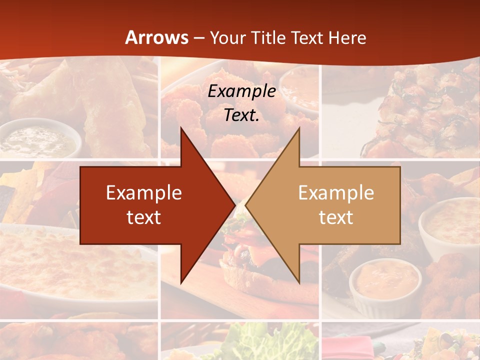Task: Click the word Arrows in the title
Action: coord(156,37)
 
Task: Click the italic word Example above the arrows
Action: coord(241,91)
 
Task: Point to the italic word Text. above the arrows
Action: coord(241,115)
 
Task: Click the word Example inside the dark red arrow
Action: coord(143,193)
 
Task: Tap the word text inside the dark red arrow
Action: coord(143,217)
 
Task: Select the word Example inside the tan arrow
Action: coord(336,193)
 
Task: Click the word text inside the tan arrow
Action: coord(336,217)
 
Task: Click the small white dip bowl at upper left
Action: coord(37,137)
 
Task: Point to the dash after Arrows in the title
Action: coord(198,38)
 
